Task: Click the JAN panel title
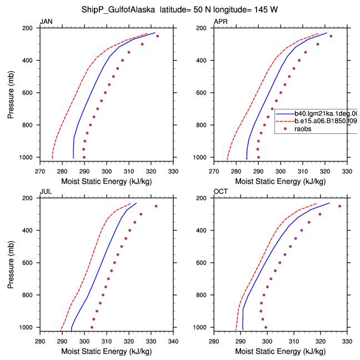click(46, 22)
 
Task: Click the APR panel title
click(221, 22)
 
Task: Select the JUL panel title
click(46, 192)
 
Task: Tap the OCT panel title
click(221, 192)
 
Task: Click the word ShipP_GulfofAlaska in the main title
click(118, 10)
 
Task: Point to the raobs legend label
click(303, 129)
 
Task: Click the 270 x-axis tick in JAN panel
click(40, 172)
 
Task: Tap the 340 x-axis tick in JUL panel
click(173, 342)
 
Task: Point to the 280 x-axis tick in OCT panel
click(214, 342)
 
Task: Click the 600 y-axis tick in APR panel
click(201, 93)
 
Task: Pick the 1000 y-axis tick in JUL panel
click(26, 327)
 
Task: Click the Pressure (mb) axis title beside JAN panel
click(11, 94)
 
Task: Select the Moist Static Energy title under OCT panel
click(281, 352)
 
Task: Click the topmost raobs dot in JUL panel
click(156, 206)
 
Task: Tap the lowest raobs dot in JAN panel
click(84, 157)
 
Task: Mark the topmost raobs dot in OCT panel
click(340, 206)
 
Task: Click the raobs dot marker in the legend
click(285, 129)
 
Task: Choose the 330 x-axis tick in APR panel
click(347, 172)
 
